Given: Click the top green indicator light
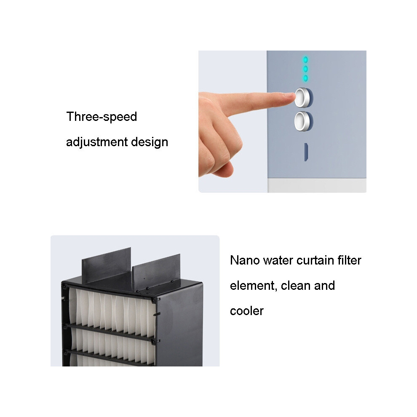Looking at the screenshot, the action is (x=305, y=59).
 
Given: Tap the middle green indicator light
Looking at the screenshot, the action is (x=305, y=69).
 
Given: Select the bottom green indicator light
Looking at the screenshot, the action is (x=305, y=78).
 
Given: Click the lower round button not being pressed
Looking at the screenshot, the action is (x=304, y=121).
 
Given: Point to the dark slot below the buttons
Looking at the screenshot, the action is (x=306, y=152).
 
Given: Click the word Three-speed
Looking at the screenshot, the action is (x=102, y=117).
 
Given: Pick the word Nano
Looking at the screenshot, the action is (x=245, y=260).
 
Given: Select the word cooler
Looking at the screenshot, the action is (x=247, y=311).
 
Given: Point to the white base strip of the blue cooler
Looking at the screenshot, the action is (x=317, y=185).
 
